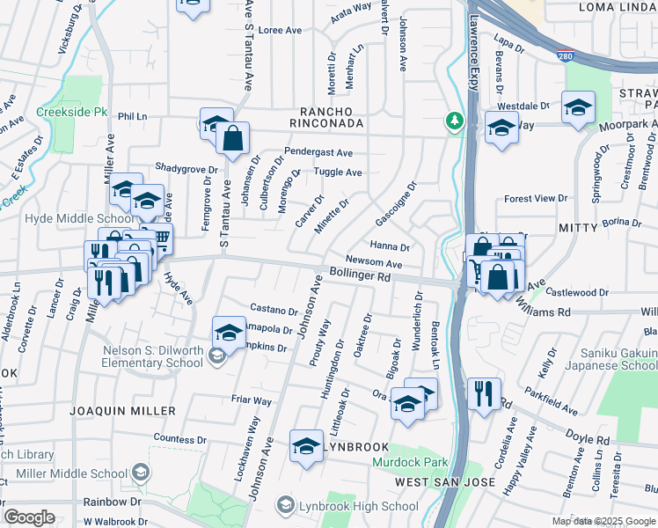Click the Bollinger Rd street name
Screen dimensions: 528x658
click(x=360, y=275)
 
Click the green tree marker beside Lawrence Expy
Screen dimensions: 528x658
click(x=454, y=121)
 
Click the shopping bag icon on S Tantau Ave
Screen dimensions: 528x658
click(x=232, y=138)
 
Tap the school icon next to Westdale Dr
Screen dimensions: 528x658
click(x=578, y=108)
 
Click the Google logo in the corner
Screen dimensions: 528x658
click(x=29, y=517)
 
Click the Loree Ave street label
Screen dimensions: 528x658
click(x=281, y=30)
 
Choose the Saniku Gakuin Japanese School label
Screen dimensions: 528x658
click(x=612, y=359)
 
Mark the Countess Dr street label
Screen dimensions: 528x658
click(x=179, y=439)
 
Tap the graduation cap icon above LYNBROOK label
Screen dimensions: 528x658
click(x=306, y=445)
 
